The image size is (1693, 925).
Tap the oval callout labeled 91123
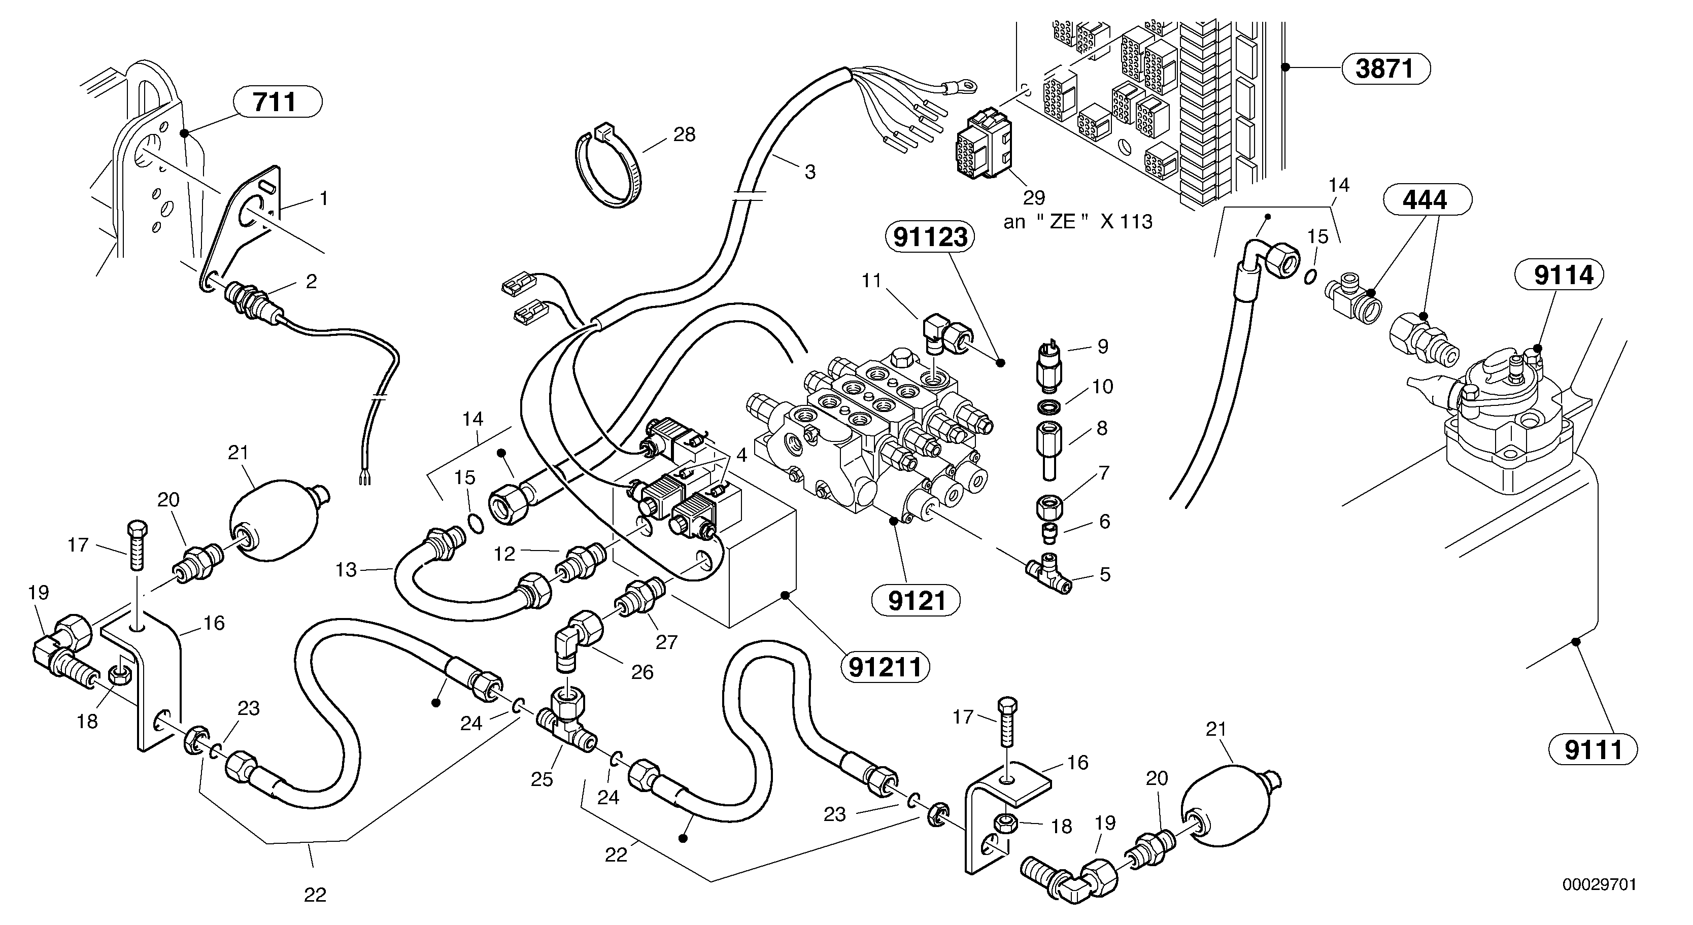click(931, 236)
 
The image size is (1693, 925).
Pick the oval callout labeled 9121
click(916, 600)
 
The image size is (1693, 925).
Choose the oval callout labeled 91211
click(885, 667)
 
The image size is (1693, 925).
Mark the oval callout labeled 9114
click(1559, 275)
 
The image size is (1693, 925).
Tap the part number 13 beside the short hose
click(346, 570)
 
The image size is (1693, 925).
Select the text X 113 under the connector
click(1127, 222)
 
